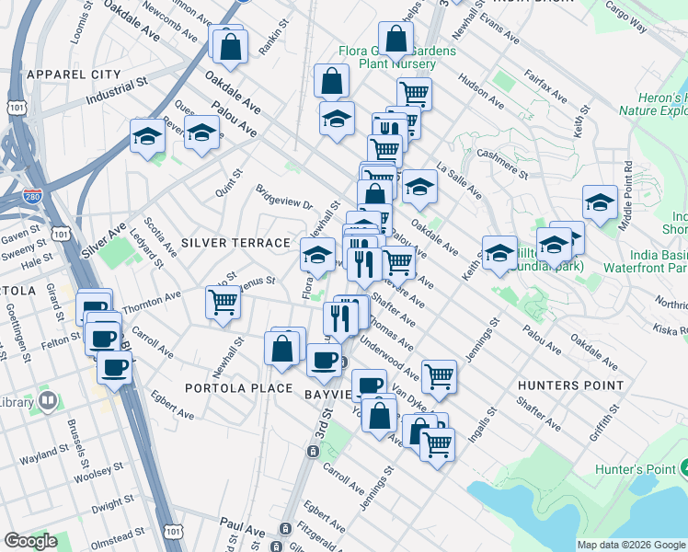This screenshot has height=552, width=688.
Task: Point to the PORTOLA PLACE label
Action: (238, 388)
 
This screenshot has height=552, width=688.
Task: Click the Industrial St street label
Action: (117, 91)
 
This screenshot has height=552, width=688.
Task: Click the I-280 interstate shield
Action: (31, 195)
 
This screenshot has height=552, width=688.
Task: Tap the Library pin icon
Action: (46, 402)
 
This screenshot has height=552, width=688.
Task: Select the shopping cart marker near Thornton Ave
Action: (224, 301)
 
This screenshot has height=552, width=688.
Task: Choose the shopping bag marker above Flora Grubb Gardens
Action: (396, 39)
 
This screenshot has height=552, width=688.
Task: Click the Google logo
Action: (30, 541)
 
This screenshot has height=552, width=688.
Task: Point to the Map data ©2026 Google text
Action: (632, 545)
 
